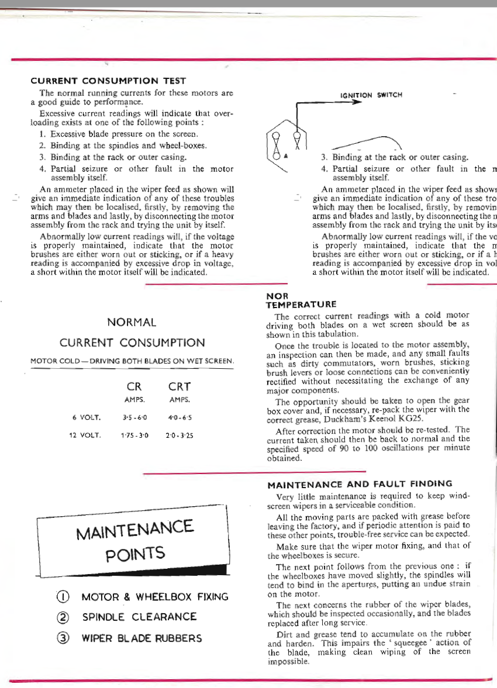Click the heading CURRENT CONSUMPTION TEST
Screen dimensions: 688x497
click(108, 81)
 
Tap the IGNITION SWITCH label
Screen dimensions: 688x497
click(371, 95)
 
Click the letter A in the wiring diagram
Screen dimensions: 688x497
click(287, 156)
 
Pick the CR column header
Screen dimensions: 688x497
click(134, 386)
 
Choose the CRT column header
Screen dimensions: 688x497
click(180, 386)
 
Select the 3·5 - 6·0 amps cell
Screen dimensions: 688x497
click(134, 418)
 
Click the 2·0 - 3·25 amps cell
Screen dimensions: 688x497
click(180, 435)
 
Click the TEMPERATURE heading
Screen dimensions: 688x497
click(301, 305)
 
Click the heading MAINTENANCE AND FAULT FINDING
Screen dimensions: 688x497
click(360, 484)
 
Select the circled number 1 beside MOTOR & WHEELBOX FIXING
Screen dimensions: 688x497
click(63, 597)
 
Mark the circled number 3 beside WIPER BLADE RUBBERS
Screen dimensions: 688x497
click(63, 638)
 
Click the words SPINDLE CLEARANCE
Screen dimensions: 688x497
click(139, 617)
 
